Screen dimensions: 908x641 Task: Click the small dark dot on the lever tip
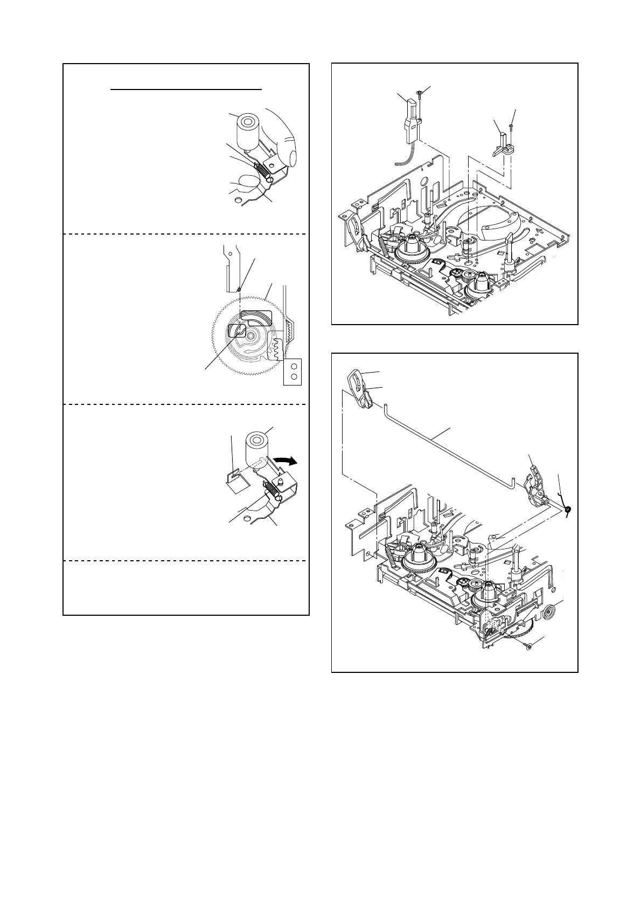coord(239,289)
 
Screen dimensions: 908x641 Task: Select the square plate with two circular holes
coord(292,372)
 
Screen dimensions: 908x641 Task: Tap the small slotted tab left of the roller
coord(232,476)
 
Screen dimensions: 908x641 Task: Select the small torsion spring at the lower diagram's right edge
coord(567,508)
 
